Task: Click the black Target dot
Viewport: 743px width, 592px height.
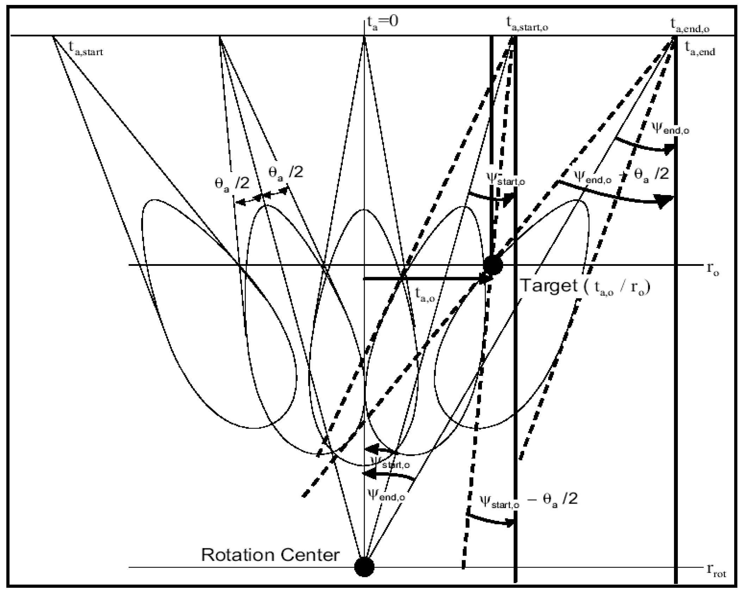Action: tap(493, 265)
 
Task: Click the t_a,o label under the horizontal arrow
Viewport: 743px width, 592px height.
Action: tap(425, 293)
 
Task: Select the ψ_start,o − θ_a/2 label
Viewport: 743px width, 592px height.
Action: tap(528, 500)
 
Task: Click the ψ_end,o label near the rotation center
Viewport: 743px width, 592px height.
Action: tap(386, 495)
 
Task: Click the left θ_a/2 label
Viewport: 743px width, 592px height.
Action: tap(232, 183)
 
